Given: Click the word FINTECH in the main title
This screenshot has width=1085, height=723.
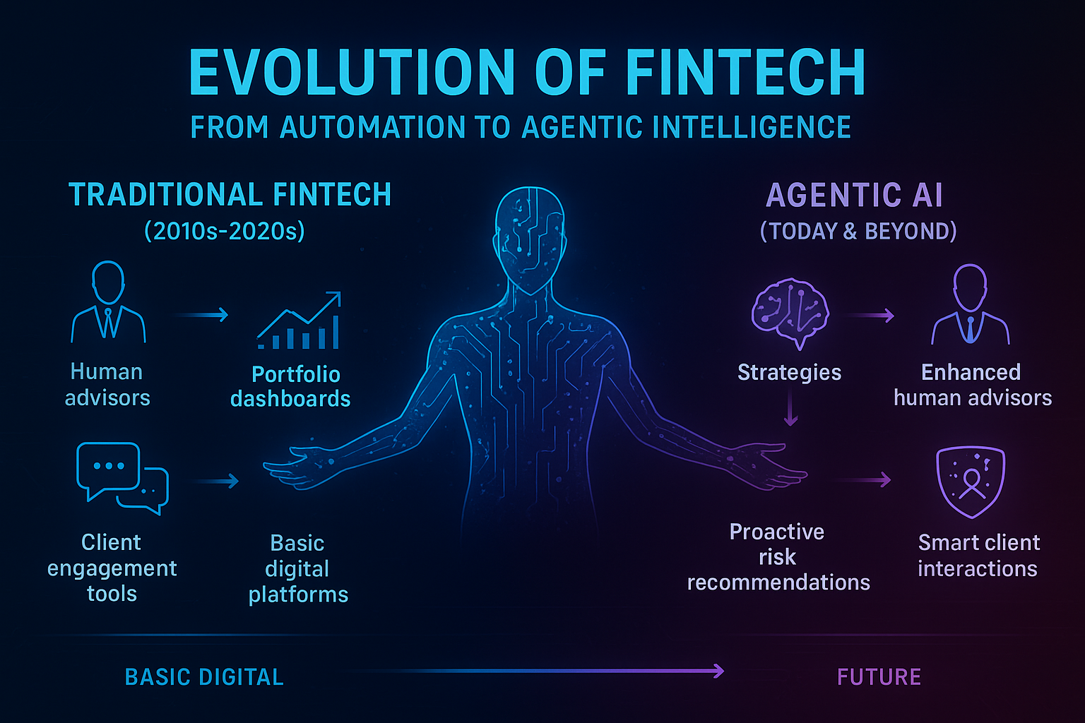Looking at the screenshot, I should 746,72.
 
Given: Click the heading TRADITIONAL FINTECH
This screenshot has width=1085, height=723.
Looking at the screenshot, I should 230,196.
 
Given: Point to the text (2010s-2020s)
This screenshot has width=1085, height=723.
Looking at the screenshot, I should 225,231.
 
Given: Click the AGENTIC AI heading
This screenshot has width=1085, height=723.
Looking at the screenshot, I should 855,196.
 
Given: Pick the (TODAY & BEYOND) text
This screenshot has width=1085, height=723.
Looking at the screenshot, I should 858,231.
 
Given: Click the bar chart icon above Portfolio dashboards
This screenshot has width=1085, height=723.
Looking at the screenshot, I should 300,321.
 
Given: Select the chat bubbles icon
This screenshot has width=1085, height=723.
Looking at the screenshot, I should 121,477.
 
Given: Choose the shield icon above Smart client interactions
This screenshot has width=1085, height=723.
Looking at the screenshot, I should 970,482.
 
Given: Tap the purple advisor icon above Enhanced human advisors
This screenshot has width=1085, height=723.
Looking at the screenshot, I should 971,305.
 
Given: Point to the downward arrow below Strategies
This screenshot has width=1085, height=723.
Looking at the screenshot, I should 791,410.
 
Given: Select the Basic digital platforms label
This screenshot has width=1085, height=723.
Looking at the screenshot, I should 298,568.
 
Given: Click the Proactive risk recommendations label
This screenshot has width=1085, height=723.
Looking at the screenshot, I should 778,556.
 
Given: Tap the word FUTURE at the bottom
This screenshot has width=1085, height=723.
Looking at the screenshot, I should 879,677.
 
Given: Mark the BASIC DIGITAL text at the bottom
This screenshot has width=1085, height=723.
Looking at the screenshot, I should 204,677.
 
